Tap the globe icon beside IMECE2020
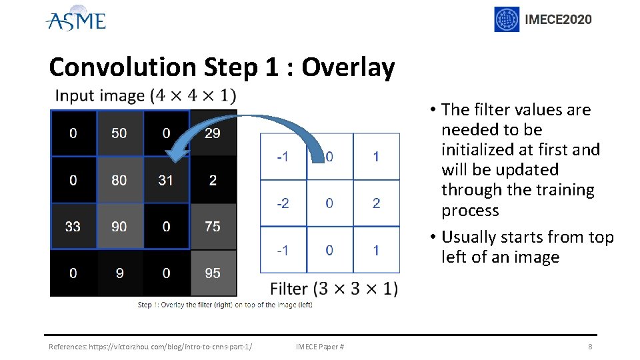point(507,19)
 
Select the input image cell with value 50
point(119,133)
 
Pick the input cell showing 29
point(213,133)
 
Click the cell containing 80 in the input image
point(119,180)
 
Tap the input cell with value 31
point(166,180)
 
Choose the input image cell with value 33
point(73,227)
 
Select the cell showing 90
point(119,227)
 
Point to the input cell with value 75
point(213,227)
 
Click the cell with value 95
point(213,273)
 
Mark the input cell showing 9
point(119,273)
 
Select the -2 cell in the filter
point(283,203)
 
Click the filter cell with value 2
point(376,203)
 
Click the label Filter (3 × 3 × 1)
point(334,289)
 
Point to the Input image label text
point(145,96)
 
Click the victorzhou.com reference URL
point(151,347)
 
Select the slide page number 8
point(590,347)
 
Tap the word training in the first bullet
point(561,190)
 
